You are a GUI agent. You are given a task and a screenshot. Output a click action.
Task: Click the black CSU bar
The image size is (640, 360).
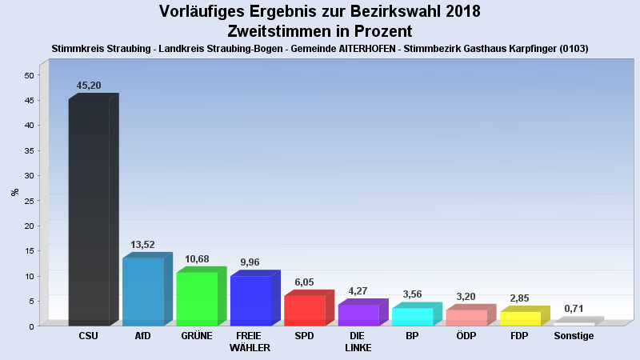coord(89,212)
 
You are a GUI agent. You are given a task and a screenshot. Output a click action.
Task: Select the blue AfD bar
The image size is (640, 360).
coord(143,291)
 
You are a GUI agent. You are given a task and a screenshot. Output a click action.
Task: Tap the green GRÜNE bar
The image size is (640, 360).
coord(197,298)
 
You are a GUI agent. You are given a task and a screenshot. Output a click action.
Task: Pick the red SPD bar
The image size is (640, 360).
coord(305,310)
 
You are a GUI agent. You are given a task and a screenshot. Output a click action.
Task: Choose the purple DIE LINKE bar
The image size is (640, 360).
coord(358,314)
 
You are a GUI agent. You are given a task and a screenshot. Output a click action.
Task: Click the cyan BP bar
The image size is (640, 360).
coord(412,316)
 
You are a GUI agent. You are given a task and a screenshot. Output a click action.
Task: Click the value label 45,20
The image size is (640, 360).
coord(89,86)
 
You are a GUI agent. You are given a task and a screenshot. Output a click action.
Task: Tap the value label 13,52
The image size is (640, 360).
coord(143,245)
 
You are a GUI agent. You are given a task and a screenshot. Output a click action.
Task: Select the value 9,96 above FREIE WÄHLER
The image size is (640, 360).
coord(251,262)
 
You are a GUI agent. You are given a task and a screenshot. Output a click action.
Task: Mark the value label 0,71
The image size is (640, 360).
coord(574,309)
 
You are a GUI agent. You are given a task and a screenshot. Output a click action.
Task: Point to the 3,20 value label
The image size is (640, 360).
coord(466,297)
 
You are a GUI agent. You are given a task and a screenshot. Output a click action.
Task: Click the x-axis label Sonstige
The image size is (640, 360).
coord(574,336)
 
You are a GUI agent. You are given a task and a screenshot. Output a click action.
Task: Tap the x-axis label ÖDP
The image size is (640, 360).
coord(466,336)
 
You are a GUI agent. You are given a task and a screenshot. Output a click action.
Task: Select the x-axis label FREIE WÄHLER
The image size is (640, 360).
coord(250,342)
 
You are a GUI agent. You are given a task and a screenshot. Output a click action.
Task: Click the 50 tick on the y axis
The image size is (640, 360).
coord(30,75)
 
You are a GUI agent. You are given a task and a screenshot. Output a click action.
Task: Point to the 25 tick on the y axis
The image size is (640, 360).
coord(30,201)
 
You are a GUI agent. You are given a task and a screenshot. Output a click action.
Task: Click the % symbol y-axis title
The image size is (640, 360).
coord(14,192)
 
